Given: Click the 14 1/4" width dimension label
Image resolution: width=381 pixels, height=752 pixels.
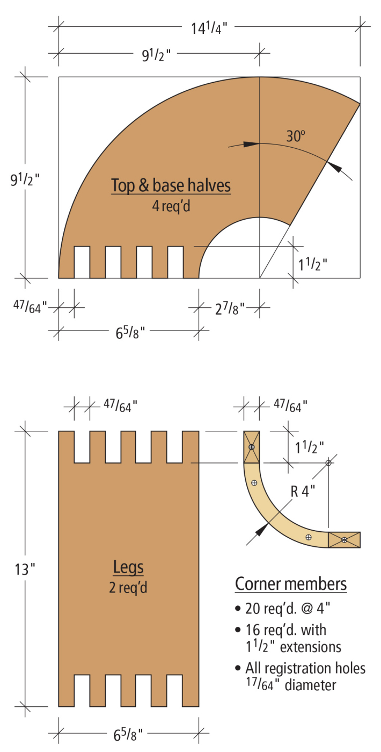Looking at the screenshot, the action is tap(209, 28).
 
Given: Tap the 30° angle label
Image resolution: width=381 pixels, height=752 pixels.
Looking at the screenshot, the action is tap(296, 136).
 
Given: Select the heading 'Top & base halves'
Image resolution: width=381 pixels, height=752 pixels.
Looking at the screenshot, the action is tap(171, 186).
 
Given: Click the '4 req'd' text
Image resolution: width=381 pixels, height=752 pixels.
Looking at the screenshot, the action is tap(171, 206).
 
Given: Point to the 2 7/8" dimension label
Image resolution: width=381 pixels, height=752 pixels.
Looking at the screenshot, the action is tap(230, 308).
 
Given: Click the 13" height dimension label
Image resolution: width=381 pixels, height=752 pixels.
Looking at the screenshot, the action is tap(25, 569).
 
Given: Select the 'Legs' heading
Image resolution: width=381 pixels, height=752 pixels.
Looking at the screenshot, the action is tap(128, 567).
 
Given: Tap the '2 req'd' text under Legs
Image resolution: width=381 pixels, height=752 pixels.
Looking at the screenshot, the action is tap(128, 588).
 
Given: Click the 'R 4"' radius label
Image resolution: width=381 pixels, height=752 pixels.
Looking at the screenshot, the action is tap(303, 491).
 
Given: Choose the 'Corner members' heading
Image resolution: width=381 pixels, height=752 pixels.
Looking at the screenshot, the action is tap(291, 584).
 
